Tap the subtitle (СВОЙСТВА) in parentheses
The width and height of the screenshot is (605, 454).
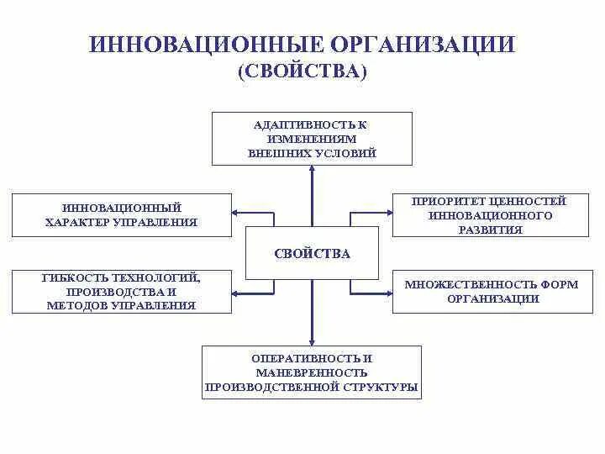pyautogui.click(x=302, y=72)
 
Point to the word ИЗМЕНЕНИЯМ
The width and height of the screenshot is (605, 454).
pyautogui.click(x=312, y=139)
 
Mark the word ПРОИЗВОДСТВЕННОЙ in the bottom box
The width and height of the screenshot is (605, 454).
pyautogui.click(x=272, y=387)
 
